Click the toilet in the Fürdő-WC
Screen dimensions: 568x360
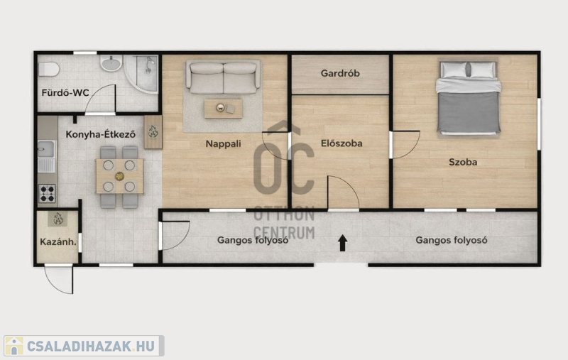tap(49, 69)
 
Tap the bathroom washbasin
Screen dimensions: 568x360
tap(111, 63)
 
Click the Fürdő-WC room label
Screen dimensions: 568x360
tap(65, 93)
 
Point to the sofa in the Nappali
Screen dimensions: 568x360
tap(223, 77)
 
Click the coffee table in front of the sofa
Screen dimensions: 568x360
tap(223, 109)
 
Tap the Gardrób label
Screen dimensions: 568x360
tap(340, 73)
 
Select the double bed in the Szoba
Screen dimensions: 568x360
tap(469, 97)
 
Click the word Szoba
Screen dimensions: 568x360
tap(463, 162)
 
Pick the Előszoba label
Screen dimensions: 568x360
tap(342, 143)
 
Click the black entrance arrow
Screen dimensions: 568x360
tap(343, 243)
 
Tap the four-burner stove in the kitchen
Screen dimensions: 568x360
tap(47, 193)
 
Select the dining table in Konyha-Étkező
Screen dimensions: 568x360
tap(119, 176)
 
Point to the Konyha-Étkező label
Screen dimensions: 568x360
tap(101, 134)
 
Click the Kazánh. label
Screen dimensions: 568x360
tap(58, 241)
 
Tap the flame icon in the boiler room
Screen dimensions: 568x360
tap(58, 219)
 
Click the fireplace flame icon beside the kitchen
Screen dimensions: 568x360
tap(153, 132)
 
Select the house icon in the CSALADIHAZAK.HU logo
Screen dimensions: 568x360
tap(14, 346)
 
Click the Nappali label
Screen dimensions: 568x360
tap(223, 143)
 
